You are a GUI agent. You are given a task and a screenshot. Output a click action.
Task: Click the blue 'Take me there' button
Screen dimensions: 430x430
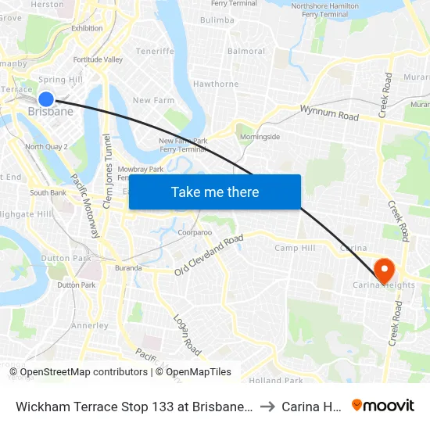[x=215, y=192]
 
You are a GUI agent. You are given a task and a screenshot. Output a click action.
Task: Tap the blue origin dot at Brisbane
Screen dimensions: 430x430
[x=46, y=99]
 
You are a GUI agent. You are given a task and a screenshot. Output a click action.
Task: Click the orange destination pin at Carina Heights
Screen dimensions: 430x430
[x=385, y=270]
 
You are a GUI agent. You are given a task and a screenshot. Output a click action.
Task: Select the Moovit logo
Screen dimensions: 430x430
[x=383, y=405]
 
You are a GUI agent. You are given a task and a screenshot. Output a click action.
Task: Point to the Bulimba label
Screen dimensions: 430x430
[x=217, y=20]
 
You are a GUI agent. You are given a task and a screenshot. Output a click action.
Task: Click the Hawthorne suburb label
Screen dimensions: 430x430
[x=216, y=84]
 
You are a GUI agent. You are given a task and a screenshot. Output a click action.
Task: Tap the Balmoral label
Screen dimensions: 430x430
[x=245, y=52]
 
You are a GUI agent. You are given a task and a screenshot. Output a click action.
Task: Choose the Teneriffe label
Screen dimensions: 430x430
[x=155, y=51]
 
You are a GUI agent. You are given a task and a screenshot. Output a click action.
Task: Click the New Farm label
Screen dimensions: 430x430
[x=153, y=100]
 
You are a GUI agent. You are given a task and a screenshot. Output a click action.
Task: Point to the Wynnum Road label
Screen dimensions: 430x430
[x=328, y=116]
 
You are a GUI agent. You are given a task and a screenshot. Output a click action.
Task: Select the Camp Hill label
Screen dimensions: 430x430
[x=294, y=248]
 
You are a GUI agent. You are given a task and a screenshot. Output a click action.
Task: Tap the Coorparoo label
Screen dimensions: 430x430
[x=195, y=232]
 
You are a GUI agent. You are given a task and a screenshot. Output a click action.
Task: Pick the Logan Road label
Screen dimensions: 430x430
[x=187, y=335]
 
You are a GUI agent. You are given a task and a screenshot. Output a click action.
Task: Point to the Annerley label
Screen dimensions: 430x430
[x=90, y=325]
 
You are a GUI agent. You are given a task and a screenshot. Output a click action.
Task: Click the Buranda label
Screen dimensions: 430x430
[x=128, y=268]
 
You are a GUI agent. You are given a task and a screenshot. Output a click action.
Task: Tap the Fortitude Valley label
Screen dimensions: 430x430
[x=97, y=59]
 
